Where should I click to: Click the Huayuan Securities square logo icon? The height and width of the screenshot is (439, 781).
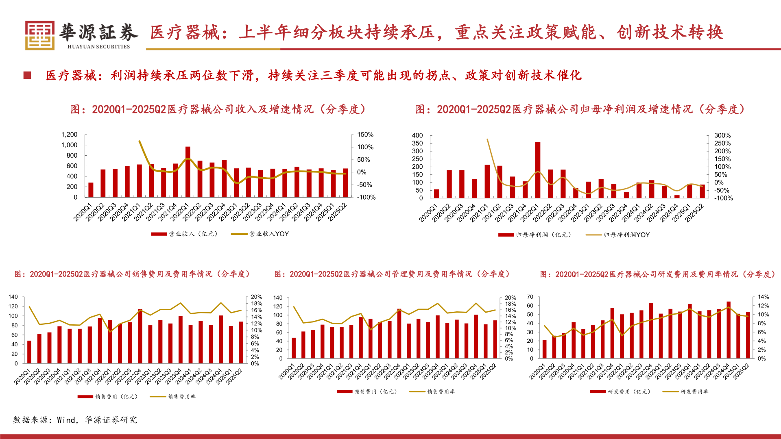point(39,35)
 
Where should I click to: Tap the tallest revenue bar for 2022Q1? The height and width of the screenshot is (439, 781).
point(188,172)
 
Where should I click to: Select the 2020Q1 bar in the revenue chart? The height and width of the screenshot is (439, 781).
point(91,190)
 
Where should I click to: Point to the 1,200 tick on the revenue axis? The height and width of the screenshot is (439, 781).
point(69,135)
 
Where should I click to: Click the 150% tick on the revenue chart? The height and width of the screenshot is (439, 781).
point(365,135)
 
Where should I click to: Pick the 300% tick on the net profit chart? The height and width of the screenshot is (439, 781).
point(722,135)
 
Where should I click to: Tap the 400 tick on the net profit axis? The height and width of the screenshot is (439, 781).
point(417,135)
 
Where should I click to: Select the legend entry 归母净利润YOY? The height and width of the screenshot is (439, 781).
point(626,235)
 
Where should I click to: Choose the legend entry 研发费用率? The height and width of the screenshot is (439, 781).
point(694,392)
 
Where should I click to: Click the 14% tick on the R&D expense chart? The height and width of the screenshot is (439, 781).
point(763,297)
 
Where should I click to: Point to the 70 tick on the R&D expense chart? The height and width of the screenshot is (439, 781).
point(530,297)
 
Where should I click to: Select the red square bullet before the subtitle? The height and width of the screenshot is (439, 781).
point(27,75)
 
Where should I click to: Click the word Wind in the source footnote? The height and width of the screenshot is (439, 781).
point(66,420)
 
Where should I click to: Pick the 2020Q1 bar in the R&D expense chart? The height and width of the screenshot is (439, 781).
point(545,349)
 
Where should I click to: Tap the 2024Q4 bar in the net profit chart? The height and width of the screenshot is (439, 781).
point(677,197)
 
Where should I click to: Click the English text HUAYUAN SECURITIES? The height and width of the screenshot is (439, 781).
point(98,47)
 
